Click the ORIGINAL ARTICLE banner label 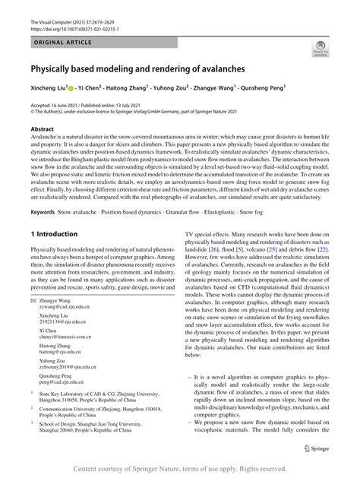(61, 45)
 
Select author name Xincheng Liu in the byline (46, 88)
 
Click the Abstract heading (43, 130)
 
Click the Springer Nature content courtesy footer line (179, 469)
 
